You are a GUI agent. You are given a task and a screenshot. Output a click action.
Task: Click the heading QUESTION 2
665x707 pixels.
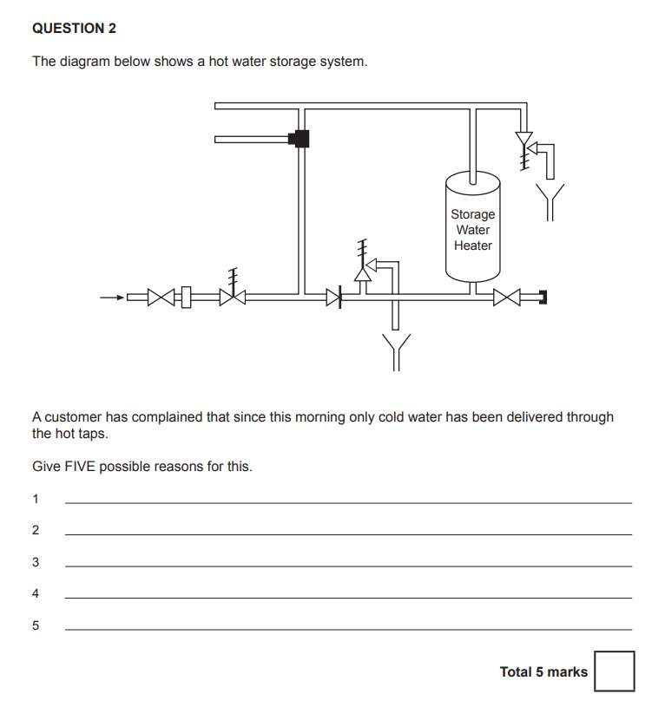74,29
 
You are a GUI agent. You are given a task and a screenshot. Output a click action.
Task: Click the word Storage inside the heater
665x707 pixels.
472,214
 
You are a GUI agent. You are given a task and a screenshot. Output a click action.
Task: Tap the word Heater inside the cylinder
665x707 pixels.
472,245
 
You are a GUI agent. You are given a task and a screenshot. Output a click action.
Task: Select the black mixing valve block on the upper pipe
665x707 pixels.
300,138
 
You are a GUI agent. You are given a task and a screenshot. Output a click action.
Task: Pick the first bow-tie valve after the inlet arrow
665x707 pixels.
161,298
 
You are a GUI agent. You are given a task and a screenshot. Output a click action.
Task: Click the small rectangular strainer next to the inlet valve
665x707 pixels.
183,298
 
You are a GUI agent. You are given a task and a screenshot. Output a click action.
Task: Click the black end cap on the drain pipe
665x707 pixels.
543,298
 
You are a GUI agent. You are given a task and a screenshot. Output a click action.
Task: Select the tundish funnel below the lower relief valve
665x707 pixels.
396,350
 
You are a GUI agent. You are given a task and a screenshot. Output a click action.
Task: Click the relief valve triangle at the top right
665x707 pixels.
523,139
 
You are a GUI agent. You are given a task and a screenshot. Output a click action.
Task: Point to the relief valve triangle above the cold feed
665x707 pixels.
362,272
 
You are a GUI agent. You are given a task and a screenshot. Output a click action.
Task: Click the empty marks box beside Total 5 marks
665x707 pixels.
614,671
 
